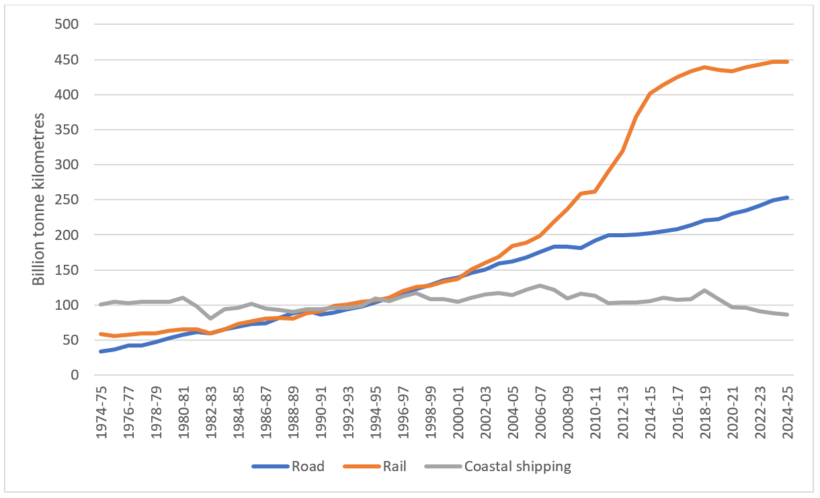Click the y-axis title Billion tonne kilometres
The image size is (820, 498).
[x=40, y=199]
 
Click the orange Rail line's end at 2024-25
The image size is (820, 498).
[x=787, y=62]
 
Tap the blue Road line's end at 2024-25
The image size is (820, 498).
[x=787, y=198]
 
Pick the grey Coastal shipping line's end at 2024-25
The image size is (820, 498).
[x=787, y=315]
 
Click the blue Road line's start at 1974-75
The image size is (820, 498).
[x=101, y=351]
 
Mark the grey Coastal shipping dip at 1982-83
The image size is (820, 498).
[x=210, y=319]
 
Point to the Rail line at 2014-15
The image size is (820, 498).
[x=650, y=93]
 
